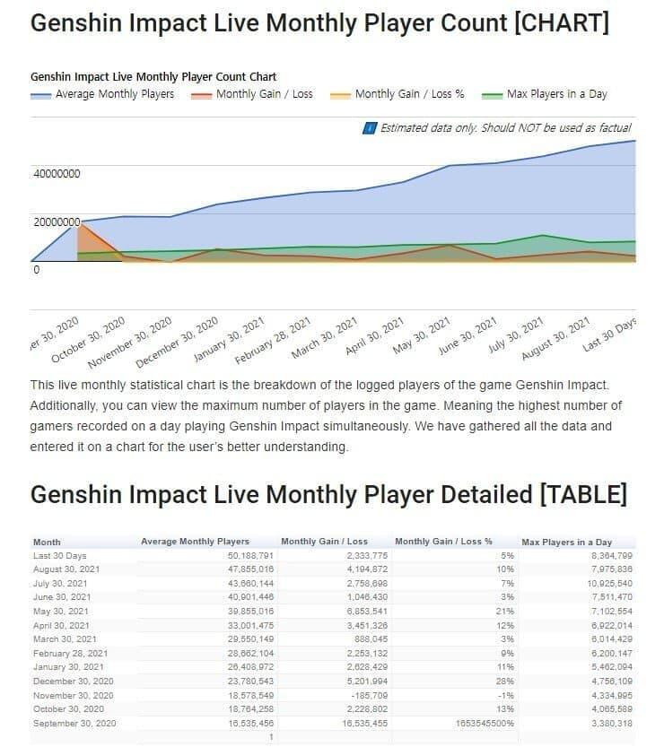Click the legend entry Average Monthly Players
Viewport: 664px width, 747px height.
pos(114,93)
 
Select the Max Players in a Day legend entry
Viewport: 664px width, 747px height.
pos(556,93)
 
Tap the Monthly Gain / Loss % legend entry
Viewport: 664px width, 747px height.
pos(409,93)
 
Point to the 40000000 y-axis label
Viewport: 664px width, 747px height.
pos(57,173)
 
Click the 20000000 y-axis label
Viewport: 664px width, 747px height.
pos(57,221)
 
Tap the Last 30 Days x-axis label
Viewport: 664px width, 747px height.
pos(610,334)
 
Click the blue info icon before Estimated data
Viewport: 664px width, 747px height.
pos(369,128)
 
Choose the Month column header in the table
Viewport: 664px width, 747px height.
pos(47,542)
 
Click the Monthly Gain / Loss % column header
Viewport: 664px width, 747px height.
pos(443,542)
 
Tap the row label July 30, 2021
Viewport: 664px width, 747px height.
pos(61,583)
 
